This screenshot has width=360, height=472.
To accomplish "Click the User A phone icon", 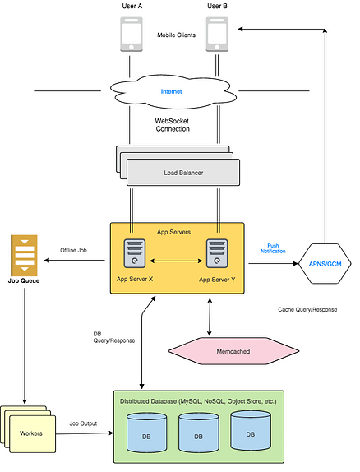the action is click(132, 35).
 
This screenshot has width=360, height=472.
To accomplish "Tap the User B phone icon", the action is click(217, 35).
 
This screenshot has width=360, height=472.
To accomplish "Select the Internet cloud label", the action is click(171, 91).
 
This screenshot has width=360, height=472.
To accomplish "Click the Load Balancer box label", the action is click(183, 173).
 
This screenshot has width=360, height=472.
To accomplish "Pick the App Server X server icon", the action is click(135, 253).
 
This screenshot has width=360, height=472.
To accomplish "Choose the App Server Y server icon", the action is click(217, 253).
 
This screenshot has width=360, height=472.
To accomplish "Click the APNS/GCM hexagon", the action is click(325, 264).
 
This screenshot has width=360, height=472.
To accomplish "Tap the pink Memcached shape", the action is click(233, 351).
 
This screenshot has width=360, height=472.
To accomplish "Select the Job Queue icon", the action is click(24, 255).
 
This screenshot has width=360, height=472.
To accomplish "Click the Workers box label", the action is click(31, 433).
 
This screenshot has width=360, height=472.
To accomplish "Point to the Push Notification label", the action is click(273, 248).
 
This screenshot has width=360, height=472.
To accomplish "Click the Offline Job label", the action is click(73, 250).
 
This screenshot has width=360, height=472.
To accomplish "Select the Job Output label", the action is click(83, 423).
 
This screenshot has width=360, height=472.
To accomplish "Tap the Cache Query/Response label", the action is click(307, 309).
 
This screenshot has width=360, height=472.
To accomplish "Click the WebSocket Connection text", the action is click(172, 125).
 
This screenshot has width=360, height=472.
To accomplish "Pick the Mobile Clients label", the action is click(176, 35).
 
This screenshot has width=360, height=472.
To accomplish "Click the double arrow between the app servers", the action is click(176, 261).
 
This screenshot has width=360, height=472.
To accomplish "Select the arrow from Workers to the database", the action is click(85, 433).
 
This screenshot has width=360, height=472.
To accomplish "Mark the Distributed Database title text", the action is click(198, 401).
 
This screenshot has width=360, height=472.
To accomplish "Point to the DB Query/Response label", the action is click(113, 337).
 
